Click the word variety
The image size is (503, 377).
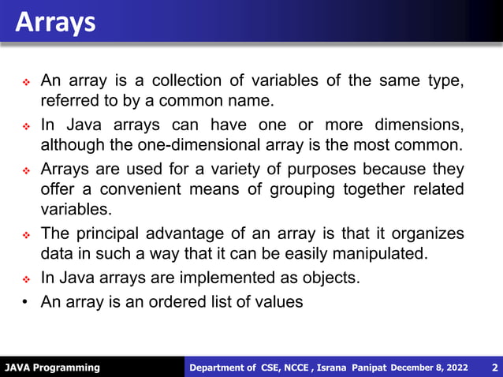point(228,170)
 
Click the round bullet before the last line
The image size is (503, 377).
point(25,303)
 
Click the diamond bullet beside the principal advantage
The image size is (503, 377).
point(25,235)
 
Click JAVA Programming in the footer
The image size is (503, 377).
point(53,368)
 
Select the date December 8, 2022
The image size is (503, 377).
point(429,368)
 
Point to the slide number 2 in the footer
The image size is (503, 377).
point(494,368)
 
